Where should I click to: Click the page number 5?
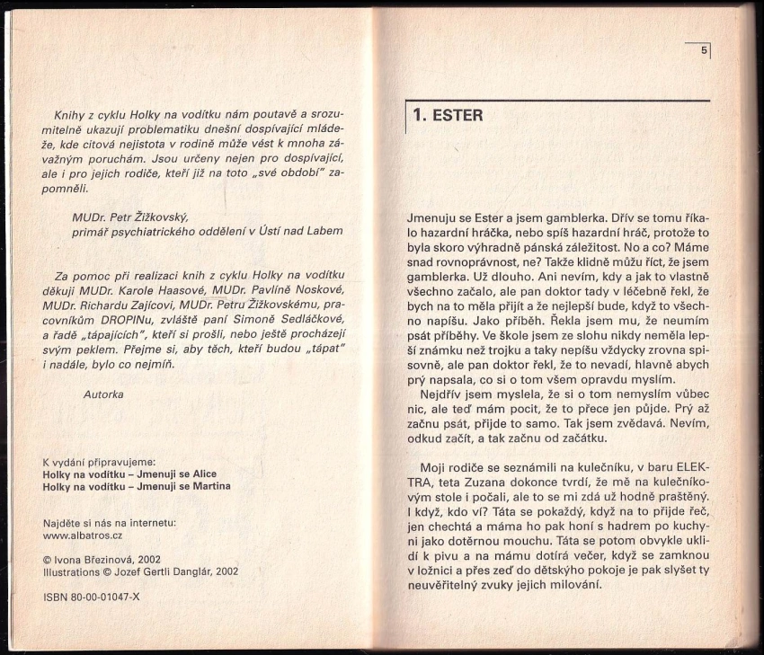704,51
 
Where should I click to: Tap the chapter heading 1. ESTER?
448,115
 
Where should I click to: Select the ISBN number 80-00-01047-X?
103,597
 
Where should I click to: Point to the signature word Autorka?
103,394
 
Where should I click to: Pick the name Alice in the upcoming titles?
201,474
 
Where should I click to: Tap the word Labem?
326,230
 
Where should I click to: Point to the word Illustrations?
73,571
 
